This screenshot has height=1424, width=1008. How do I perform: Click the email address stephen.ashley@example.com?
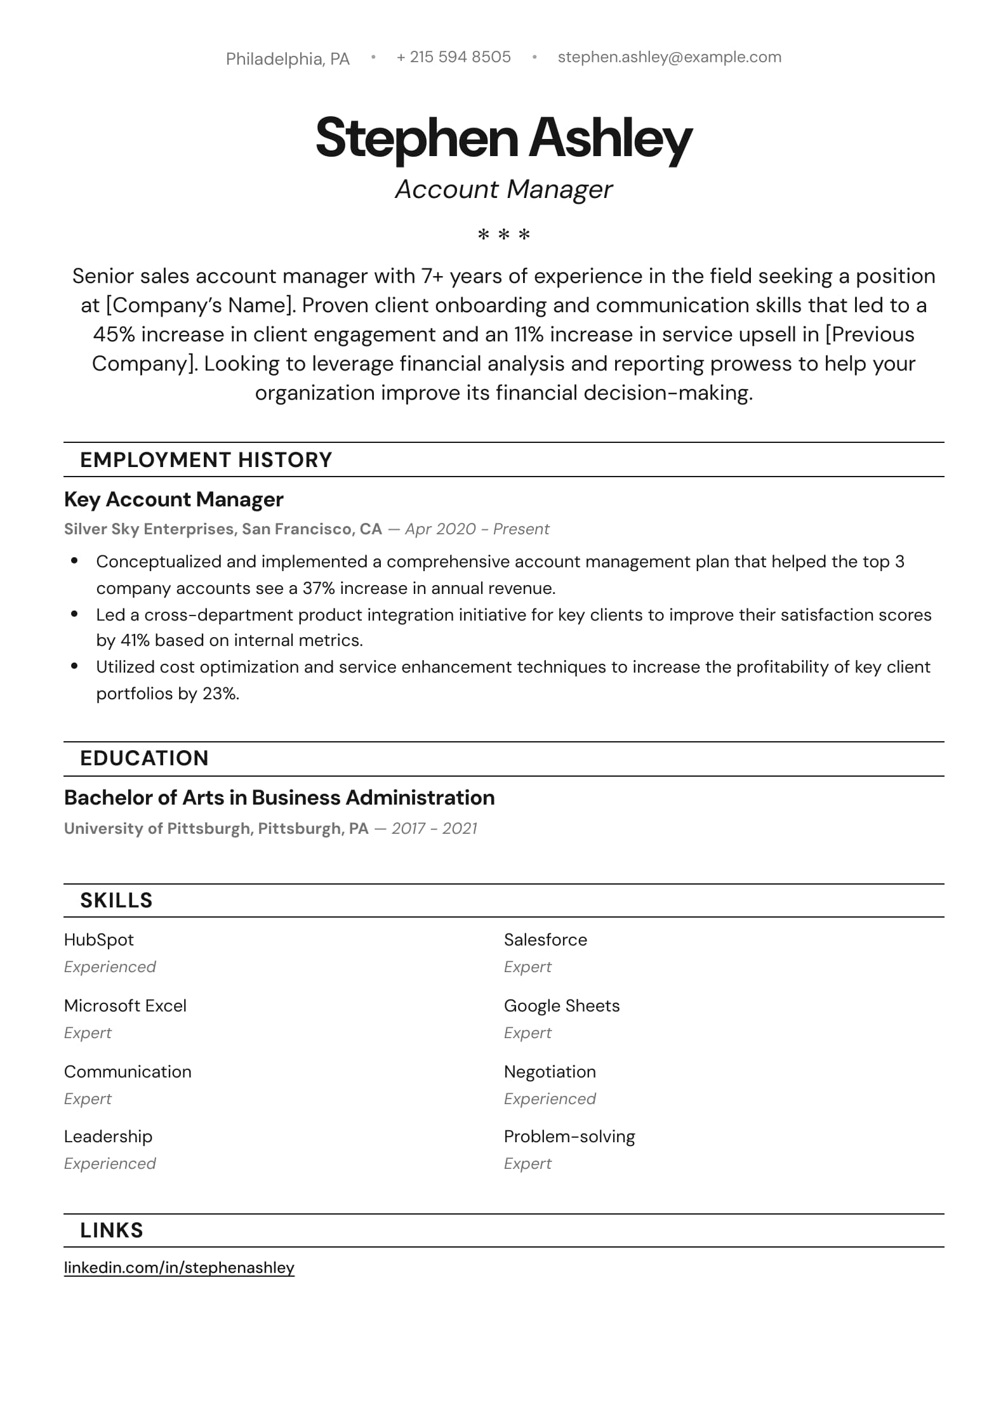pos(669,57)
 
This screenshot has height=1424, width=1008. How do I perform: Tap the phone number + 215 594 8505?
pos(453,57)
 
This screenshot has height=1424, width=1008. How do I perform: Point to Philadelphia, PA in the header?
pos(288,59)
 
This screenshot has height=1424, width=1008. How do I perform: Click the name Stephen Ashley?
pos(503,138)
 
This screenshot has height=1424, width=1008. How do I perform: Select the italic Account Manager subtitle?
pos(503,189)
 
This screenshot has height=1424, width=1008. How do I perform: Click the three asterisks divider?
pos(503,235)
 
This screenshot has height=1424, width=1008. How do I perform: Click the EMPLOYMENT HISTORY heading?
pos(206,460)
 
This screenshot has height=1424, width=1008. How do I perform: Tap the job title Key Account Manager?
pos(173,499)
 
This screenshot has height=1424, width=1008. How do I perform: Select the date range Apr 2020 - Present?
pos(477,529)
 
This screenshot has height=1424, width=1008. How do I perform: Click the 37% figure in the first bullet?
pos(318,589)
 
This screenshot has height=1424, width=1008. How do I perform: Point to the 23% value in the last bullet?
pos(220,694)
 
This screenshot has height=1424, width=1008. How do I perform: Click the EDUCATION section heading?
pos(144,758)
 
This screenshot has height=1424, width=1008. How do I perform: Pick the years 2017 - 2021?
pos(434,829)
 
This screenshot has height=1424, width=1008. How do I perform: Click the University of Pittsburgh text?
pos(157,829)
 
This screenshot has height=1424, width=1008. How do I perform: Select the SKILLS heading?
pos(116,900)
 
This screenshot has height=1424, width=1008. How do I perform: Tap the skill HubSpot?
pos(99,940)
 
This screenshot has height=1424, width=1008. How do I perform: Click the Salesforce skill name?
pos(545,940)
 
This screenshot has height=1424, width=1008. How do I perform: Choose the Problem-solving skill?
pos(569,1137)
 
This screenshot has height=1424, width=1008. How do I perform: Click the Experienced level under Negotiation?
pos(550,1099)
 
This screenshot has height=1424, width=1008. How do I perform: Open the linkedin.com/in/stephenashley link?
pos(179,1268)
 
